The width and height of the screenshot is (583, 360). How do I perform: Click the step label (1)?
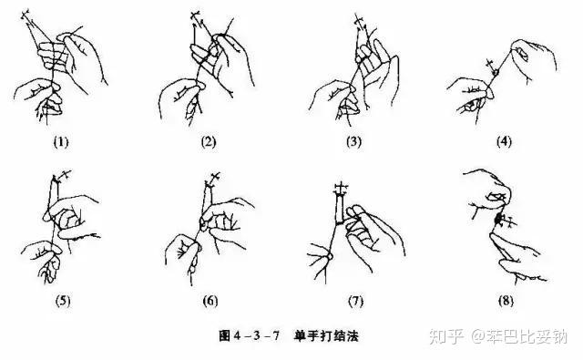pos(61,141)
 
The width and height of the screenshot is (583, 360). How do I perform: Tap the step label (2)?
pos(209,141)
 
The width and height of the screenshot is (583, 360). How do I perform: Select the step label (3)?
pos(353,141)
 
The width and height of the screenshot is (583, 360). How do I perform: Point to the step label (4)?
pos(504,141)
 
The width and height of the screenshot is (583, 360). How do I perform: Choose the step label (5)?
pos(63,301)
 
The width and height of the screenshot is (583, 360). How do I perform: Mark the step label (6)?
pos(210,301)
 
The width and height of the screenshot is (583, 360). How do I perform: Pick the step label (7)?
pos(355,301)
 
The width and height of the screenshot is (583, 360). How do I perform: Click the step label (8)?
pos(506,301)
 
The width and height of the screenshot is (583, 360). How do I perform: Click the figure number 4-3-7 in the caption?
pos(257,335)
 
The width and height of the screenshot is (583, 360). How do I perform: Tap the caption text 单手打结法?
pos(326,335)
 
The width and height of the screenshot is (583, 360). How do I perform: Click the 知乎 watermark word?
pos(446,336)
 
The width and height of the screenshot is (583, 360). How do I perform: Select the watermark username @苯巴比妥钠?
pos(519,336)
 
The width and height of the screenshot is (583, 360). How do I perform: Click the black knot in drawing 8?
pos(498,220)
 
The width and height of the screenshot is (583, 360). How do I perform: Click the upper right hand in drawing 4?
pos(535,59)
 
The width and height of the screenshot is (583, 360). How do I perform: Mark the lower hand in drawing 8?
pos(518,257)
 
